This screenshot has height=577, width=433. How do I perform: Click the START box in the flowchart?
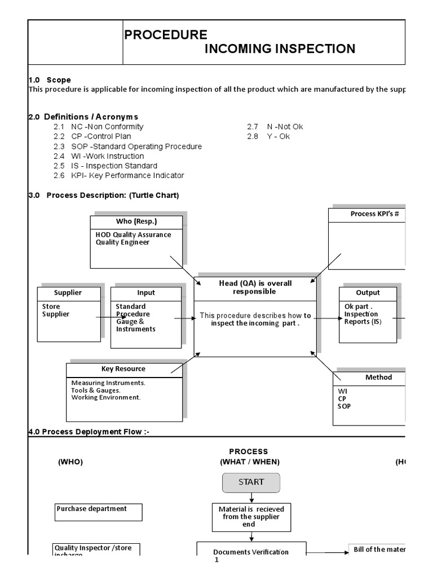click(251, 482)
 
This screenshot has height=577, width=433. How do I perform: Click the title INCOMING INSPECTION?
click(279, 48)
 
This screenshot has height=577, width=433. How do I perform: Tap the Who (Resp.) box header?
click(136, 221)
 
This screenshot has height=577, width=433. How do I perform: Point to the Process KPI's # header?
click(366, 214)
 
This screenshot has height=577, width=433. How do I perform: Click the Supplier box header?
click(68, 293)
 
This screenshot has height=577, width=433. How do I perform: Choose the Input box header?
click(146, 293)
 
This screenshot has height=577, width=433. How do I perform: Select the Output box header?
click(368, 293)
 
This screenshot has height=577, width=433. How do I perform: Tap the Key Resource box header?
click(123, 369)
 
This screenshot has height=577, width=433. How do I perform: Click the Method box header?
click(378, 378)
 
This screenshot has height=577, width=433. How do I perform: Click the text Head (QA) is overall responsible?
click(255, 287)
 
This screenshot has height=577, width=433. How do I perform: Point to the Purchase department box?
click(98, 512)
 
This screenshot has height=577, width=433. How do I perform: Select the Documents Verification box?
click(251, 552)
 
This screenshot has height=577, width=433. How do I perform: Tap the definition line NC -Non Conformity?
click(107, 127)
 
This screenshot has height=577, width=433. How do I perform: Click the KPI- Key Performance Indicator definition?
click(127, 175)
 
